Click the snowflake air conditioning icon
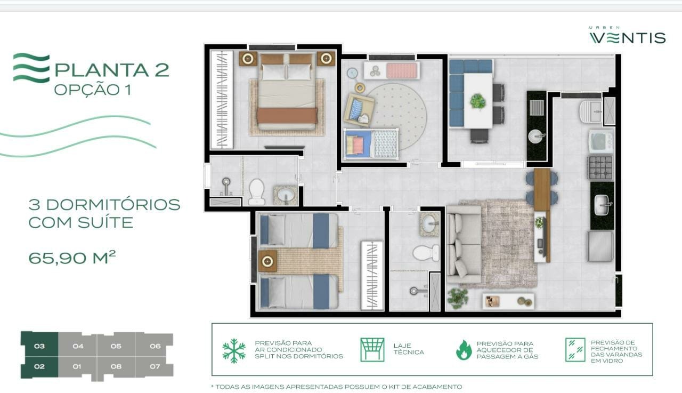233,350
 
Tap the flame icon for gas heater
464,350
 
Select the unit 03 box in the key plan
39,346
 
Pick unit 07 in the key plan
155,366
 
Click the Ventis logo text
627,38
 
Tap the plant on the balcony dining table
478,101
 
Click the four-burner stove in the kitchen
600,167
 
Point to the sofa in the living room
463,244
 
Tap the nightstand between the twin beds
267,261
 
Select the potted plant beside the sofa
458,298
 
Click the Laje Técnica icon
372,350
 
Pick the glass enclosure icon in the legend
575,350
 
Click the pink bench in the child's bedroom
402,70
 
